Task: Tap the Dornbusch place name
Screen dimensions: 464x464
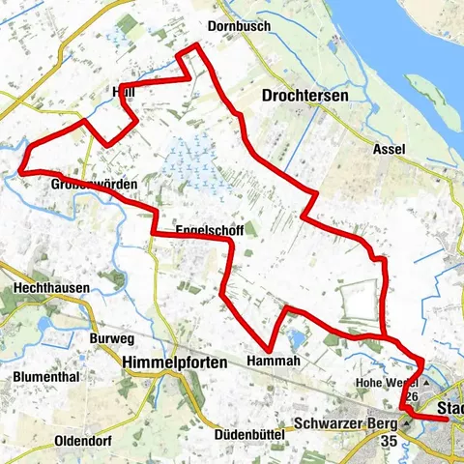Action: [239, 27]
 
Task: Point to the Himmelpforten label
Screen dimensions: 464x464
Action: [175, 362]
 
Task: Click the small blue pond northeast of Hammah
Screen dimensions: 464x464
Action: [294, 338]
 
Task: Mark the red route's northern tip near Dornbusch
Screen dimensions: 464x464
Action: [196, 45]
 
